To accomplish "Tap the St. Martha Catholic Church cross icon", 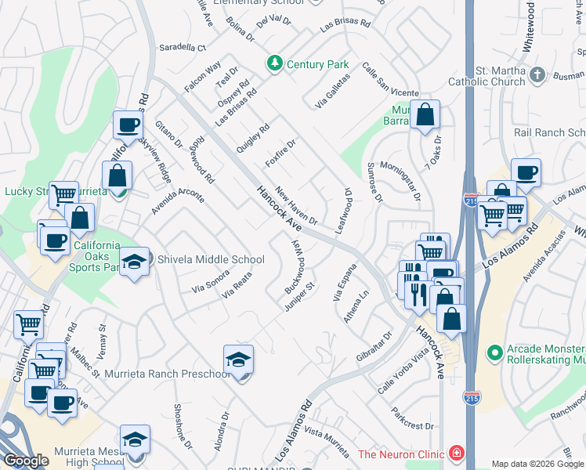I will pos(537,75).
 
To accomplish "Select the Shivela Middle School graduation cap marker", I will pos(134,262).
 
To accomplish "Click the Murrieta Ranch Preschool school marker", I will pos(238,360).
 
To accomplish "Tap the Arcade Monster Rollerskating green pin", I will pos(494,354).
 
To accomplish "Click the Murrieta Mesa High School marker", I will pos(135,439).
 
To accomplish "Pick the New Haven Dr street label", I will pos(296,209).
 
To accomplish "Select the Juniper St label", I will pos(298,297).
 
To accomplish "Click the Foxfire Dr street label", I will pos(280,153).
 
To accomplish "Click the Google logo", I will pos(27,461).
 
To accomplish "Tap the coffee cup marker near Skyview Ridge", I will pos(127,125).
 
